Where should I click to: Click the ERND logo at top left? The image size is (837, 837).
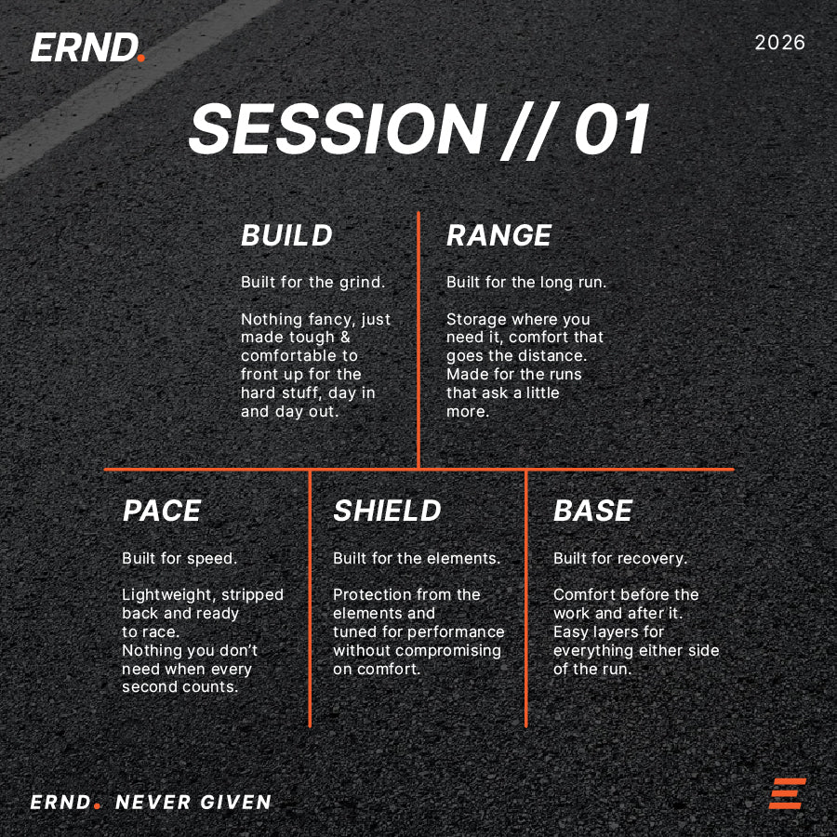(x=87, y=47)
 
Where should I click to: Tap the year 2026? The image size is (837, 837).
(x=780, y=43)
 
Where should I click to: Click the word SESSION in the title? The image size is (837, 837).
(x=338, y=129)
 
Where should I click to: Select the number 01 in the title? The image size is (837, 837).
(x=612, y=129)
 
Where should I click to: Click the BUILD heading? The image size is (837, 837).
(x=286, y=235)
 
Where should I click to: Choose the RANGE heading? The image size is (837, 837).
(x=498, y=235)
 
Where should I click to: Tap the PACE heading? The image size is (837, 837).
(x=162, y=511)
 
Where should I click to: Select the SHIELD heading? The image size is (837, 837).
(x=387, y=511)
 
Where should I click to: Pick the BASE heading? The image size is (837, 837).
(x=593, y=511)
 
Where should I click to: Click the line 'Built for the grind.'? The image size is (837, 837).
(x=312, y=283)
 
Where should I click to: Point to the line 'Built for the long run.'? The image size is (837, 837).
(x=526, y=283)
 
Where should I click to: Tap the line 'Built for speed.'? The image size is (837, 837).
(x=179, y=559)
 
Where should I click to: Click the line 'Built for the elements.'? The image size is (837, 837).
(x=417, y=558)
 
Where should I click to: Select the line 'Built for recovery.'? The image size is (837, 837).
(x=620, y=559)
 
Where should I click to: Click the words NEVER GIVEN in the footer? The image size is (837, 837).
(x=193, y=802)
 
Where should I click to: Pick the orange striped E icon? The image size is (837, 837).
(x=788, y=794)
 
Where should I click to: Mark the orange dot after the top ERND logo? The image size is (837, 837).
(x=141, y=58)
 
